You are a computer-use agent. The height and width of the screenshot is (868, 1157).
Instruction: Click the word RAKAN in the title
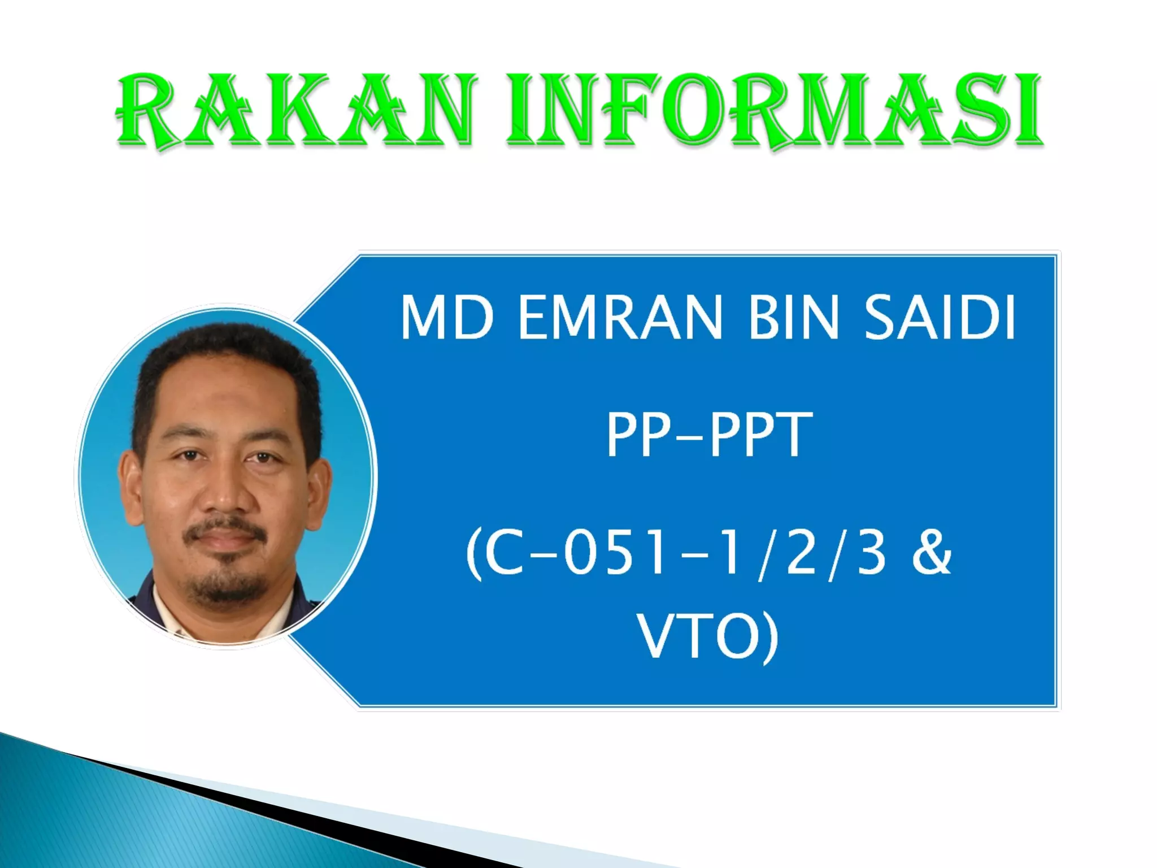coord(294,111)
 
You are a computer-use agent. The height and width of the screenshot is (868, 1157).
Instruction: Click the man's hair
coord(226,345)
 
